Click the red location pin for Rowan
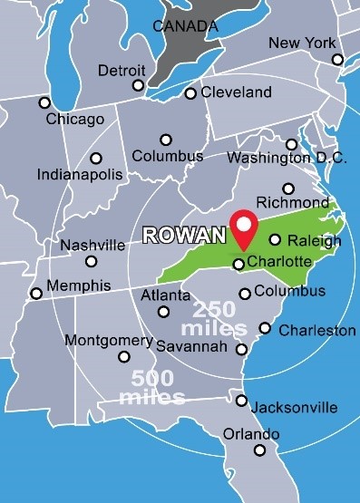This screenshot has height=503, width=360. [243, 227]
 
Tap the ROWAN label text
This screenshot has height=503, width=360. [185, 236]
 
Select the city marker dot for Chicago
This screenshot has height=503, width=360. [44, 102]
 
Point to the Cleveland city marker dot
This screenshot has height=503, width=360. [190, 93]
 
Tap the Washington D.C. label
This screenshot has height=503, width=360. [287, 158]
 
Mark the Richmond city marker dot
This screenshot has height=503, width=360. [288, 189]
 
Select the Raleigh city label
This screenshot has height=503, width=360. [314, 240]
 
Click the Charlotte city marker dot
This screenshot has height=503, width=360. [238, 264]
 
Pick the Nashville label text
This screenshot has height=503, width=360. [92, 245]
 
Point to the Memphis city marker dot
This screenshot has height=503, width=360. [36, 293]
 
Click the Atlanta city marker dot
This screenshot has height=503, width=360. [164, 312]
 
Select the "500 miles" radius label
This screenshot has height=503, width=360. [159, 387]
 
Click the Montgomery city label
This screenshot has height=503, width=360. [109, 340]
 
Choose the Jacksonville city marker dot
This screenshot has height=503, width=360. [241, 401]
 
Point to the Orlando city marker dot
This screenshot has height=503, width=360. [259, 450]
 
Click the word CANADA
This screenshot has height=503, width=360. [185, 26]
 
